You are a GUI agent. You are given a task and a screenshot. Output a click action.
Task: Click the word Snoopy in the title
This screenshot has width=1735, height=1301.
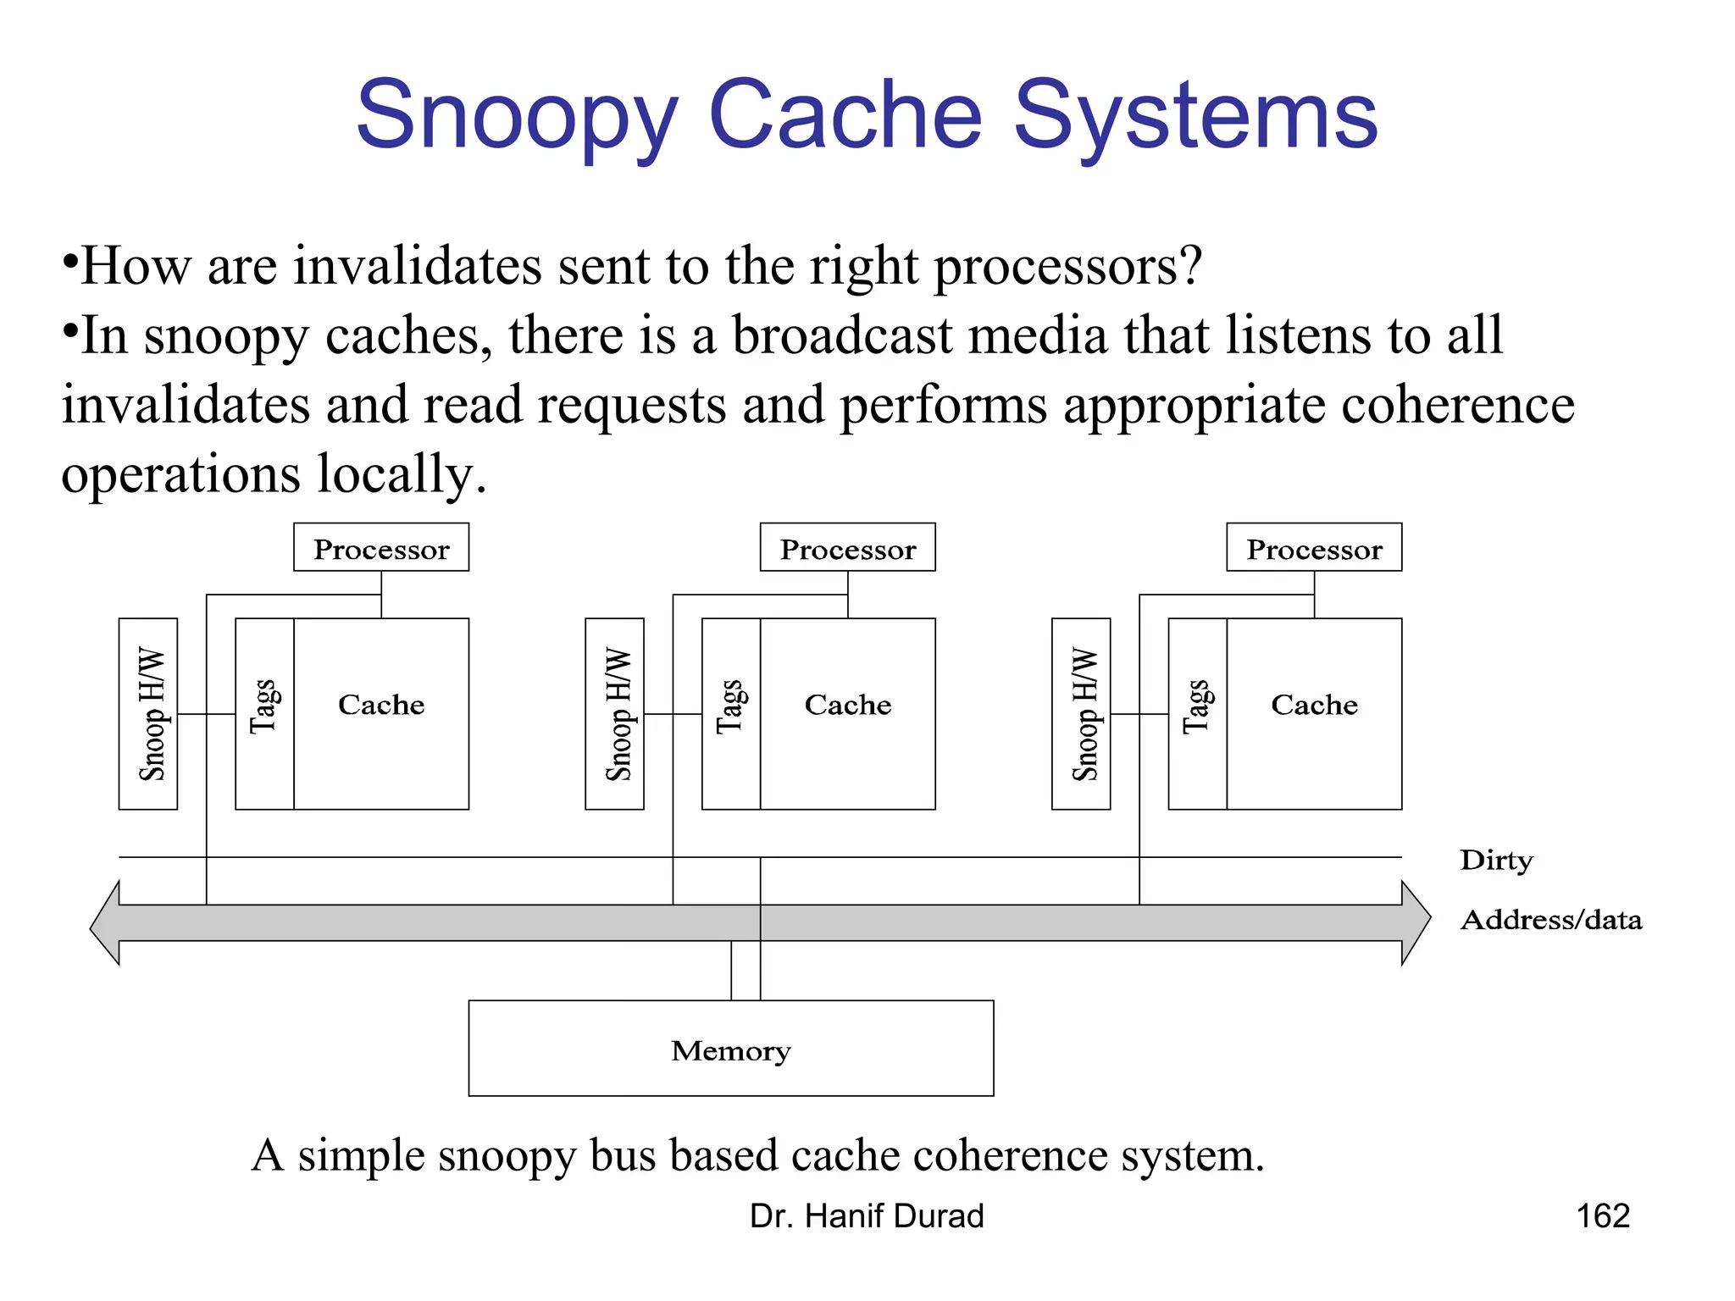pos(517,117)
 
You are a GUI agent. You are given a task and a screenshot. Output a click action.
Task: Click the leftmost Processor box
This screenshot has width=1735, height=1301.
pos(381,548)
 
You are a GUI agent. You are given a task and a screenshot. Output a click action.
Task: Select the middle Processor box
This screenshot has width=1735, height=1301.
pos(847,548)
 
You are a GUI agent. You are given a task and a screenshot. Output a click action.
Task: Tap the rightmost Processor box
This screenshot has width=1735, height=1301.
pos(1314,548)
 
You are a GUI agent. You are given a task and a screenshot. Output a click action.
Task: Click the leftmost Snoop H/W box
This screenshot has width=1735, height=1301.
pos(148,714)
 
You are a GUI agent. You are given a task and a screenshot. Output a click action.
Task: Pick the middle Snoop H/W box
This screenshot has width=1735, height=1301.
pos(615,714)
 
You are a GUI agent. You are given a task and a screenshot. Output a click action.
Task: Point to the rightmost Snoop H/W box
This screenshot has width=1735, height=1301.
pos(1081,714)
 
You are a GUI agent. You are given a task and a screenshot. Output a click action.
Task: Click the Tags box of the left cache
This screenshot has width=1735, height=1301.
pos(264,714)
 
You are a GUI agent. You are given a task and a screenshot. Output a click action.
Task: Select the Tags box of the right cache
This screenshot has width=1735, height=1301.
pos(1197,714)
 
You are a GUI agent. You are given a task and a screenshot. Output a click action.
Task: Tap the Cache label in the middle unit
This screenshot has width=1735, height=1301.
pos(847,705)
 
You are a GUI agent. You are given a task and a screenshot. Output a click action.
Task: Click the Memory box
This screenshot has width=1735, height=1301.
pos(731,1049)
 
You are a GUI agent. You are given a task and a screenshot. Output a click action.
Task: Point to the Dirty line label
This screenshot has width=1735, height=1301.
pos(1496,861)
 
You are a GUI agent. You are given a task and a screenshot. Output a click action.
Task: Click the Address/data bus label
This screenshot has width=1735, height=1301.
pos(1550,920)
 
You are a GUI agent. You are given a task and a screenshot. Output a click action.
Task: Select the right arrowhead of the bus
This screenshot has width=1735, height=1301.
pos(1416,923)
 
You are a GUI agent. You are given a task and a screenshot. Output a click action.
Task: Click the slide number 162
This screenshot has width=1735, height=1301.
pos(1603,1216)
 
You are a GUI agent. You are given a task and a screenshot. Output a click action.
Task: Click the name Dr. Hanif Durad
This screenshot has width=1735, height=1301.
pos(867,1216)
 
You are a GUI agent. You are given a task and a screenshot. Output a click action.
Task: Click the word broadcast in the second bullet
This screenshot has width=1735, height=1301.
pos(842,335)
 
